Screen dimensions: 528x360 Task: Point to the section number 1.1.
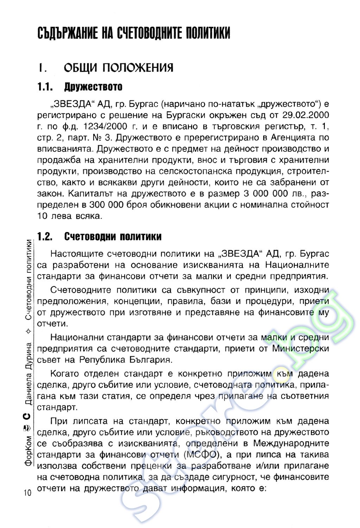click(x=45, y=87)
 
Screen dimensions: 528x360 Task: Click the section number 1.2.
click(x=45, y=237)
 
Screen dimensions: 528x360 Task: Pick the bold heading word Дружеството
click(x=93, y=87)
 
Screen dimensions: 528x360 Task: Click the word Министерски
click(x=301, y=349)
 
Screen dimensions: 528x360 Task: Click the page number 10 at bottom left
click(x=27, y=492)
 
